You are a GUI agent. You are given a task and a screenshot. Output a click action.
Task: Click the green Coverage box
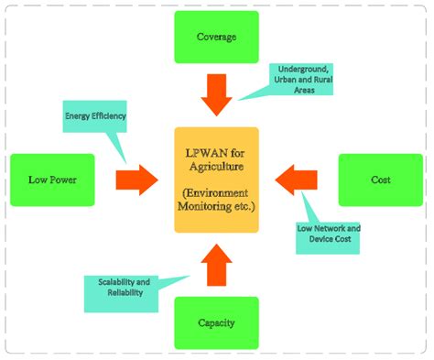(216, 37)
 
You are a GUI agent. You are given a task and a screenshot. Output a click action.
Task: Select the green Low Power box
(52, 180)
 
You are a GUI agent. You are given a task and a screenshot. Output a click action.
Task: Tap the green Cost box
(380, 180)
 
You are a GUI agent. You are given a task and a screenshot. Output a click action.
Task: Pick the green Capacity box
(216, 322)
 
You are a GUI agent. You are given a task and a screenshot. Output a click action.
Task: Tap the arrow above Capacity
(216, 266)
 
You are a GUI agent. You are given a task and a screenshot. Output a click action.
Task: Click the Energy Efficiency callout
(94, 117)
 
